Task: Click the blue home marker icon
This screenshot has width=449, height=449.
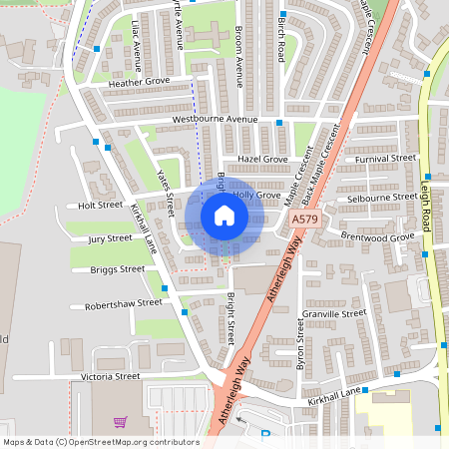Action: point(224,216)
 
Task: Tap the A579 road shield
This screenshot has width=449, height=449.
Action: point(306,219)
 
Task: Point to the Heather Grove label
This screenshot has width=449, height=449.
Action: point(140,82)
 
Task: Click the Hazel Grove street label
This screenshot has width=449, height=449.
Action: point(262,159)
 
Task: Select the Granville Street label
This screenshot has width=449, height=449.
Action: point(335,313)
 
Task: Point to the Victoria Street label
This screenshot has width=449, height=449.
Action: point(112,376)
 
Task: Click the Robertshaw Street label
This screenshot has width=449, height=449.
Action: point(123,303)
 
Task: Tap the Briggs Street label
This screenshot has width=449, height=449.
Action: point(117,268)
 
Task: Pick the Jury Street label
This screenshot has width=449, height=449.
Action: point(110,238)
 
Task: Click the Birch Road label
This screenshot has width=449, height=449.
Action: point(282,39)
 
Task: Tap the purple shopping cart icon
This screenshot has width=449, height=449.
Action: point(121,422)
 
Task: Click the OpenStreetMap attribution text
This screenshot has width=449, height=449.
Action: point(101,441)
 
